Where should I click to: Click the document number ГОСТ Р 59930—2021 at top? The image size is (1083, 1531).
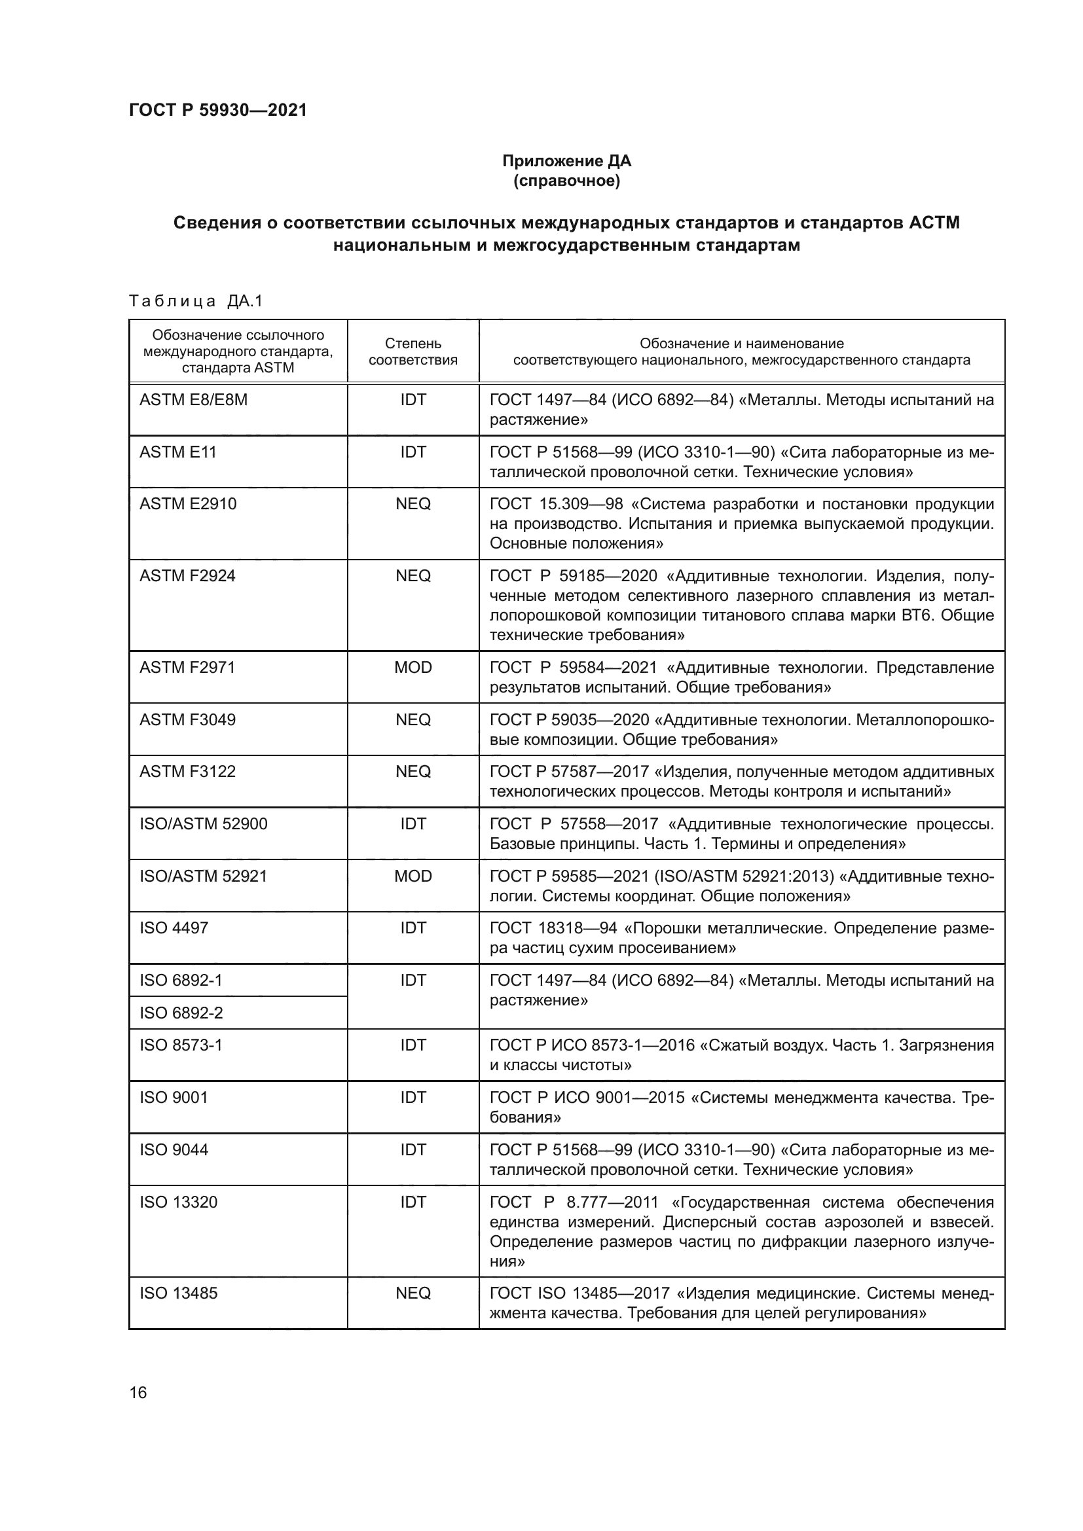click(x=217, y=110)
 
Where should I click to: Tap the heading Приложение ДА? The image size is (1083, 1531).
click(x=566, y=161)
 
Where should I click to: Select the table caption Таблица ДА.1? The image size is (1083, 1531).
click(x=196, y=300)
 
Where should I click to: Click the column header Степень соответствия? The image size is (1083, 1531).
click(x=413, y=351)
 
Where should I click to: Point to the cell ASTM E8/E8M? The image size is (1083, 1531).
click(x=193, y=399)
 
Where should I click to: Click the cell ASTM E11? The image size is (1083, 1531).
click(x=178, y=452)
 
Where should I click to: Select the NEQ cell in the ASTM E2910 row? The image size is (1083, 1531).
click(x=413, y=503)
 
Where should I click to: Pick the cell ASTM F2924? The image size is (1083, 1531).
click(x=187, y=575)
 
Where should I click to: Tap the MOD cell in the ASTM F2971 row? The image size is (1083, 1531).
click(x=413, y=668)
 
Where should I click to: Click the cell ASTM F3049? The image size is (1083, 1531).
click(x=187, y=719)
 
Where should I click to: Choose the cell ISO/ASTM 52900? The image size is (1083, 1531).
click(x=204, y=823)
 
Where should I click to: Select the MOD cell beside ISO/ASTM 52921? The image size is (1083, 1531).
click(x=413, y=876)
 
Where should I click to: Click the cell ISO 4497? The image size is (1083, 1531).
click(x=174, y=928)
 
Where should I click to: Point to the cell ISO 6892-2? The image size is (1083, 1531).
click(x=181, y=1013)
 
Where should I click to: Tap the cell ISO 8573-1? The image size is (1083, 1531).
click(x=181, y=1045)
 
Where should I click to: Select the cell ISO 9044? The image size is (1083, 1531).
click(x=174, y=1149)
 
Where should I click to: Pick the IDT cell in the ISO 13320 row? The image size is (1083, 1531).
click(x=413, y=1202)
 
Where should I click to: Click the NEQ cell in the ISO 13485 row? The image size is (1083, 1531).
click(x=413, y=1293)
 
